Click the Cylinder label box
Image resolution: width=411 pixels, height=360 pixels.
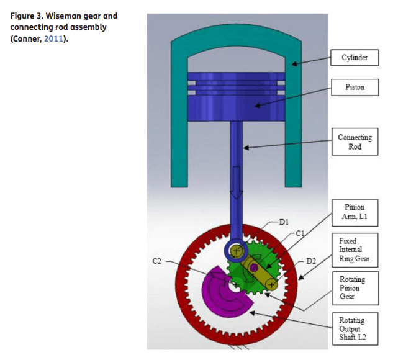coord(354,58)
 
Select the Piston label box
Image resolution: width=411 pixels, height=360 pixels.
coord(355,87)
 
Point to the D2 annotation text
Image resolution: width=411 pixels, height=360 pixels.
coord(310,261)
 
